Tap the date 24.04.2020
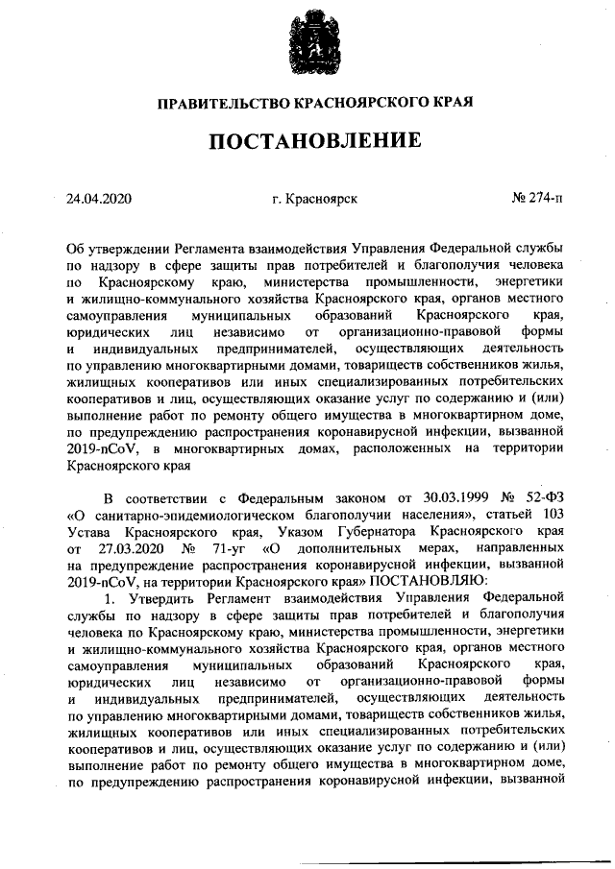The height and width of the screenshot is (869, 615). pos(99,199)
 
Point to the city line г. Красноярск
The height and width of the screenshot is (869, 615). pos(315,199)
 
